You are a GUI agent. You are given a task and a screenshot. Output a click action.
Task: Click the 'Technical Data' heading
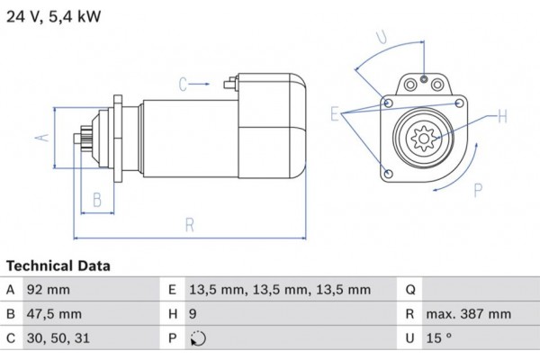click(x=58, y=266)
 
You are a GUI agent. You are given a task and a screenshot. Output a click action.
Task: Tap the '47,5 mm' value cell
click(x=57, y=314)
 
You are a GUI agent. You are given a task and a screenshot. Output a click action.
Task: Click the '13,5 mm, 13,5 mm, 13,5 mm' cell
click(x=280, y=290)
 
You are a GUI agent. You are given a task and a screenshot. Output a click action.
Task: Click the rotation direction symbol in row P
click(x=199, y=339)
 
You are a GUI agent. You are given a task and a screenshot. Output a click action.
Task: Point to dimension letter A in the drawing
click(x=40, y=138)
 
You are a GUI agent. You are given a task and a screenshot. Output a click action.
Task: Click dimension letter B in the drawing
click(x=97, y=201)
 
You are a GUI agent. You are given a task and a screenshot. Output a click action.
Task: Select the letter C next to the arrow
click(x=183, y=85)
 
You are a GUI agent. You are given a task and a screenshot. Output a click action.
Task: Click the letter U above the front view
click(x=382, y=37)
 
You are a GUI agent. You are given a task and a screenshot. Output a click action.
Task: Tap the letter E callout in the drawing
click(x=335, y=114)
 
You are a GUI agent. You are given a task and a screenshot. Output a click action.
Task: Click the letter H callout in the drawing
click(x=502, y=115)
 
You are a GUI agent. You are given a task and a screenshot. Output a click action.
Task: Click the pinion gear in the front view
click(x=422, y=138)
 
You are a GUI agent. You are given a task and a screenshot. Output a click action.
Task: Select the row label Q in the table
click(x=410, y=290)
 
